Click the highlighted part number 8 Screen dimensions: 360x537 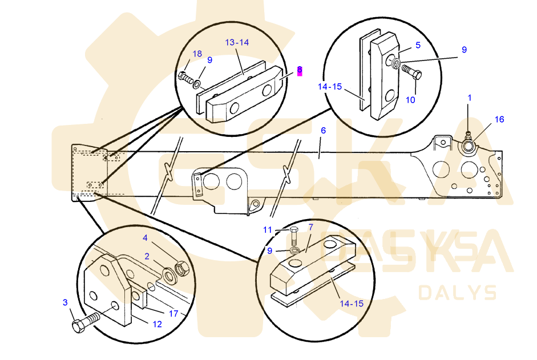(x=299, y=71)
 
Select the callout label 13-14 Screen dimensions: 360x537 (x=237, y=43)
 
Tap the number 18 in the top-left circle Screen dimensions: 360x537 (x=197, y=54)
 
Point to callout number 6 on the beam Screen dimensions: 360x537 (x=323, y=131)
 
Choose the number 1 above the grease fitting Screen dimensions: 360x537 (x=470, y=98)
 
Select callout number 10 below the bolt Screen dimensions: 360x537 (x=411, y=99)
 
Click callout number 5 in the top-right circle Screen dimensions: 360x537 (x=418, y=45)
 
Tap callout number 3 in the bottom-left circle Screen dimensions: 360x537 (x=65, y=302)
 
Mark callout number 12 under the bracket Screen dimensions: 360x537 (x=157, y=324)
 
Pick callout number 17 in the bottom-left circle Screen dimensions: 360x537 (x=173, y=313)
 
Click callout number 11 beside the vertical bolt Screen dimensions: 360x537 (x=268, y=230)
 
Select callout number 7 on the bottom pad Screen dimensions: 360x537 (x=310, y=228)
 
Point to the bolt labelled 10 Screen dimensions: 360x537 (x=411, y=72)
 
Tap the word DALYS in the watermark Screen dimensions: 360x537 (x=457, y=293)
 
